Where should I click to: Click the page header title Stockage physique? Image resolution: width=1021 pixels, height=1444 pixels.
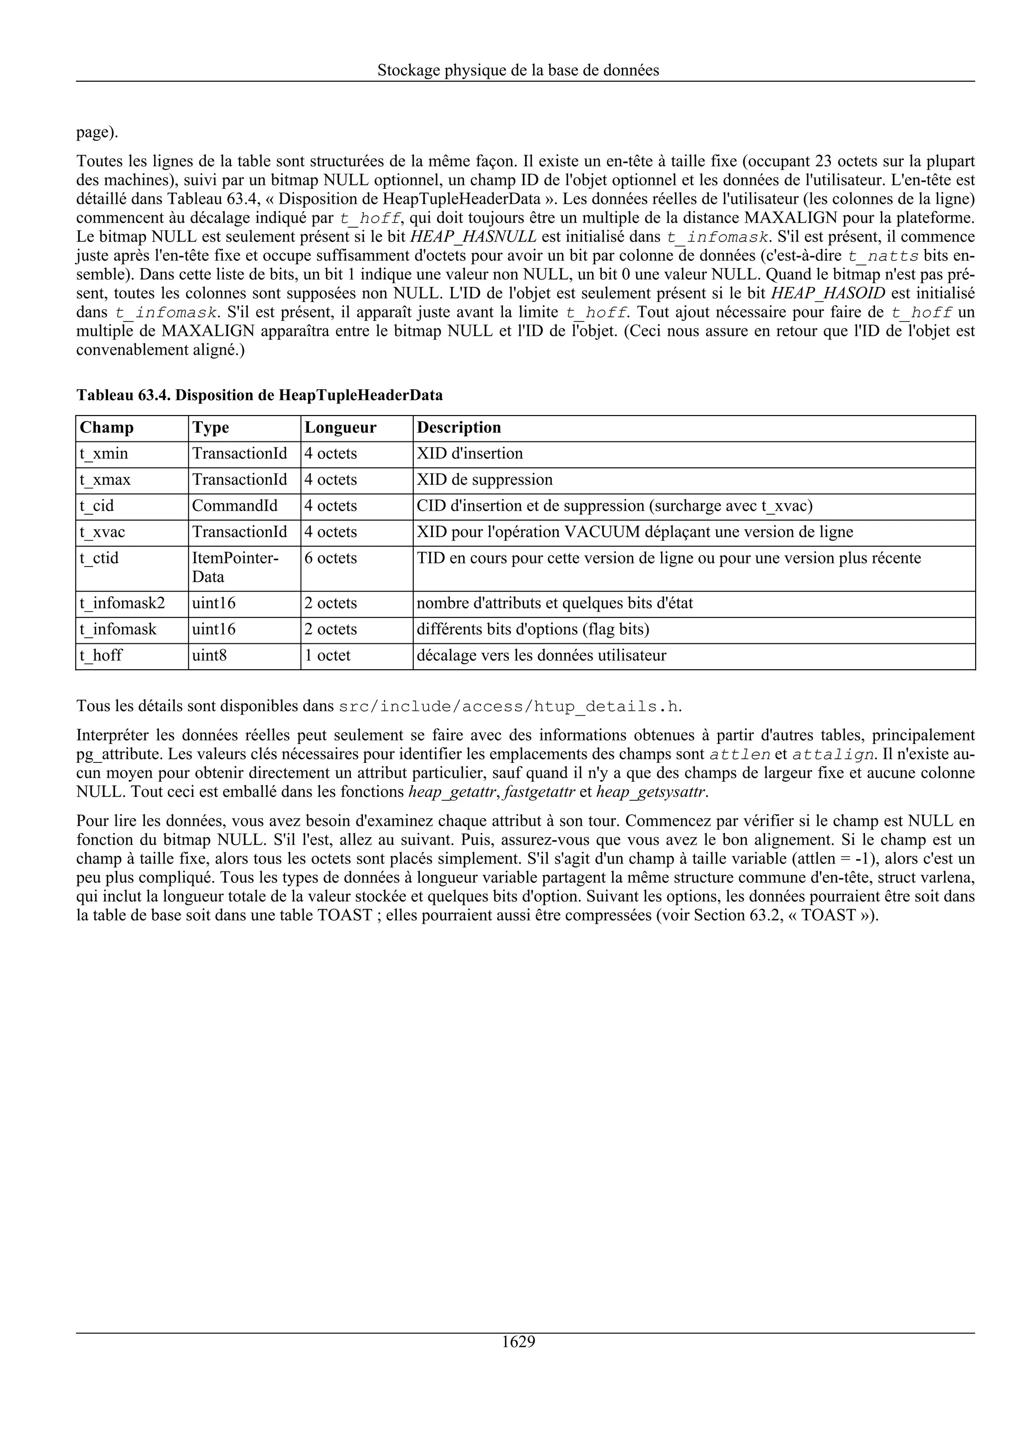pos(518,70)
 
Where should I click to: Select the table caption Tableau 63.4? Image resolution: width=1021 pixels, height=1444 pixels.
pos(259,395)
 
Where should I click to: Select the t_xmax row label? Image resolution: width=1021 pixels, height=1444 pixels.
pos(105,480)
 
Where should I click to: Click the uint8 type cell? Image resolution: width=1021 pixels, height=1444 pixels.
pos(209,655)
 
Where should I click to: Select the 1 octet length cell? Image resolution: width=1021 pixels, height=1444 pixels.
pos(327,655)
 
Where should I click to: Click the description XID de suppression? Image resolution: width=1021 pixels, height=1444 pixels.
pos(485,480)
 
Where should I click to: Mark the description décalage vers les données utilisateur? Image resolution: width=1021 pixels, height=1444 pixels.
pos(541,655)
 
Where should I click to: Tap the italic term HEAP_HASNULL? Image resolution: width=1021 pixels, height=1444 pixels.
pos(473,237)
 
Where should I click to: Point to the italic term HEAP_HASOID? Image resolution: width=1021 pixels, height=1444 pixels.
pos(827,293)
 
